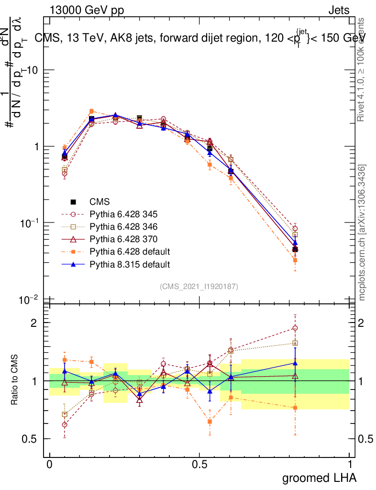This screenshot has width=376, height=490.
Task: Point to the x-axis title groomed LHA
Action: tap(320, 478)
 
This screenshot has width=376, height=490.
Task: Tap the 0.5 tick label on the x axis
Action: tap(199, 464)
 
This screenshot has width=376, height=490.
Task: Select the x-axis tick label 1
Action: tap(350, 464)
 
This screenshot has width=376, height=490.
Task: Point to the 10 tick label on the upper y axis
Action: tap(32, 70)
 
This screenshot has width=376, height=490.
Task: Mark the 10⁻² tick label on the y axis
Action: tap(28, 300)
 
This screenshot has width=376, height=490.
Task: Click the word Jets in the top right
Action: tap(339, 10)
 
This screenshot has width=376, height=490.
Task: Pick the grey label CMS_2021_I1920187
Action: tap(199, 287)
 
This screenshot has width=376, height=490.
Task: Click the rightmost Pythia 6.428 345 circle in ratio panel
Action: tap(295, 328)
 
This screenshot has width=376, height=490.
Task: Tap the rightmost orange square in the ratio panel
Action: tap(295, 408)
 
